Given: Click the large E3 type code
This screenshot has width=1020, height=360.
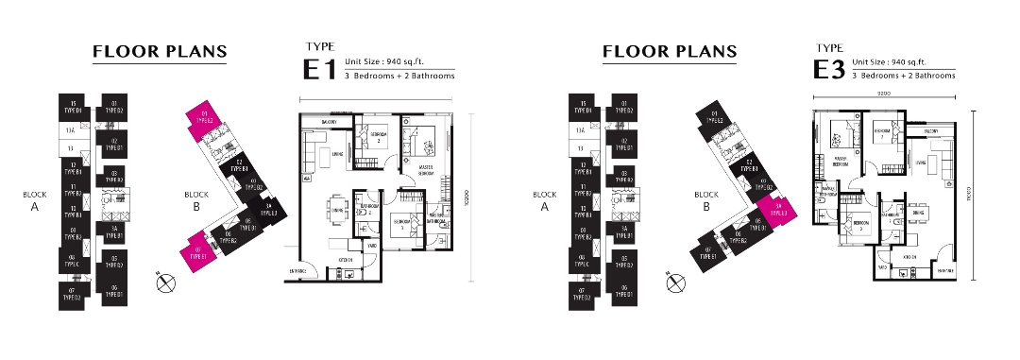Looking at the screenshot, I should [828, 69].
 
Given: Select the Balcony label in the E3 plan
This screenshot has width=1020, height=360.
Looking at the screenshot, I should [930, 130].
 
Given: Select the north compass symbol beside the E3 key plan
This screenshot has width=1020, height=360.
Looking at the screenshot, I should [675, 281].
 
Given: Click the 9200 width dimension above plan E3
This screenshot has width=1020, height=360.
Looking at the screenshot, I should [884, 94].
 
